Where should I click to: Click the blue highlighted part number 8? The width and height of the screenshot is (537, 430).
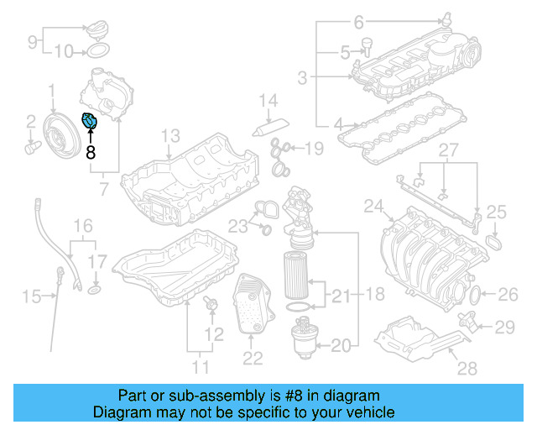tap(89, 123)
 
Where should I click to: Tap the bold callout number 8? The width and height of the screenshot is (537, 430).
tap(91, 153)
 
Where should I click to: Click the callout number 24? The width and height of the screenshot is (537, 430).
tap(373, 206)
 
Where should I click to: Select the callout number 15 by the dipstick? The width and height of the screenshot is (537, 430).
tap(31, 296)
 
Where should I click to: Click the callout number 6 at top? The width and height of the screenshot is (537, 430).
tap(357, 21)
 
